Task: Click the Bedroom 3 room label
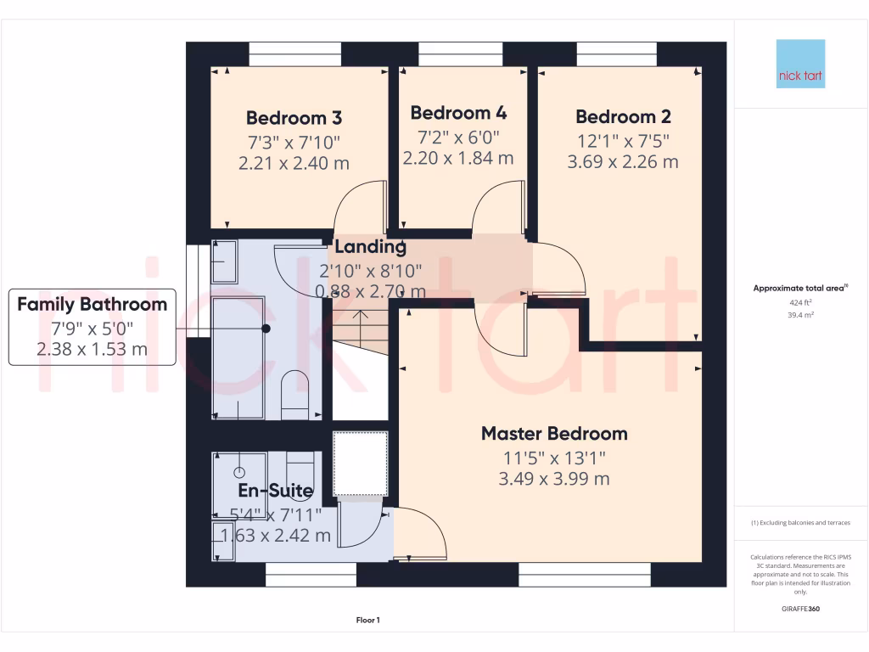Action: click(294, 118)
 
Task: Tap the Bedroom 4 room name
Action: click(458, 113)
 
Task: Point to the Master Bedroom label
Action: click(554, 434)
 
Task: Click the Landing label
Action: click(370, 247)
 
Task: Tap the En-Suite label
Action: click(275, 491)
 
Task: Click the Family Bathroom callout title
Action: click(93, 304)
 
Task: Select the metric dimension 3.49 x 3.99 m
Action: click(554, 479)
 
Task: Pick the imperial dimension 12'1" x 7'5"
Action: click(622, 140)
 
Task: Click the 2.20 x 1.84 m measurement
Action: click(458, 158)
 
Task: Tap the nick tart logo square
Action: click(800, 64)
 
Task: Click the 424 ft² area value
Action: click(800, 302)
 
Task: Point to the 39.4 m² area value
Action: click(800, 314)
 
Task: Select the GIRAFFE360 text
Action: click(800, 609)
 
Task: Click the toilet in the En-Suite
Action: click(300, 469)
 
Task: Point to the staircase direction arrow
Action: click(360, 323)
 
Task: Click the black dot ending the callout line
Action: click(266, 328)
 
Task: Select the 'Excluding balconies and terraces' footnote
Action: click(800, 523)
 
